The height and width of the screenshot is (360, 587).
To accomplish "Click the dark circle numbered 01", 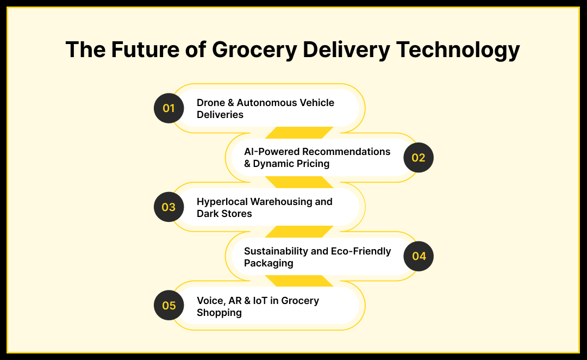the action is [169, 108].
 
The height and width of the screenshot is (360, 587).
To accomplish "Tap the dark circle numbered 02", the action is [419, 158].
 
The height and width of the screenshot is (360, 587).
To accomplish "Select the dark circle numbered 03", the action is [169, 207].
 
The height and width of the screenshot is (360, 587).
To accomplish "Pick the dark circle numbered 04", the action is [419, 256].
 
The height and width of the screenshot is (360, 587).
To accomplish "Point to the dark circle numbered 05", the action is [169, 305].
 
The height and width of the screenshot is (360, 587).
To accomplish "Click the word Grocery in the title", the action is [254, 50].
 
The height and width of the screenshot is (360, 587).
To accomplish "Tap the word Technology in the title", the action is [458, 50].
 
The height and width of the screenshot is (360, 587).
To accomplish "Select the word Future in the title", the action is [145, 49].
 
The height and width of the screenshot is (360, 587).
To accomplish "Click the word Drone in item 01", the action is [211, 103].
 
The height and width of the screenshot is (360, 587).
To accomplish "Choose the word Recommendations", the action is [346, 152].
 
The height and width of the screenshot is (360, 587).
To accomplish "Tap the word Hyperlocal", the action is [222, 202].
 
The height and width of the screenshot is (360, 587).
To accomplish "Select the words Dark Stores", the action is [224, 214].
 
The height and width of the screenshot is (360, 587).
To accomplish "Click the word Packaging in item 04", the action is [268, 263].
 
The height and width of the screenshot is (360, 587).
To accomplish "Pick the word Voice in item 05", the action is [211, 301].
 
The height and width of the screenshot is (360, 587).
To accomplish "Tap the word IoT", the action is [260, 300].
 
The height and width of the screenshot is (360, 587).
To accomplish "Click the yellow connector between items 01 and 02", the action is [299, 133].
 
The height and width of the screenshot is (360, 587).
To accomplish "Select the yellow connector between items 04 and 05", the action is [299, 281].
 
